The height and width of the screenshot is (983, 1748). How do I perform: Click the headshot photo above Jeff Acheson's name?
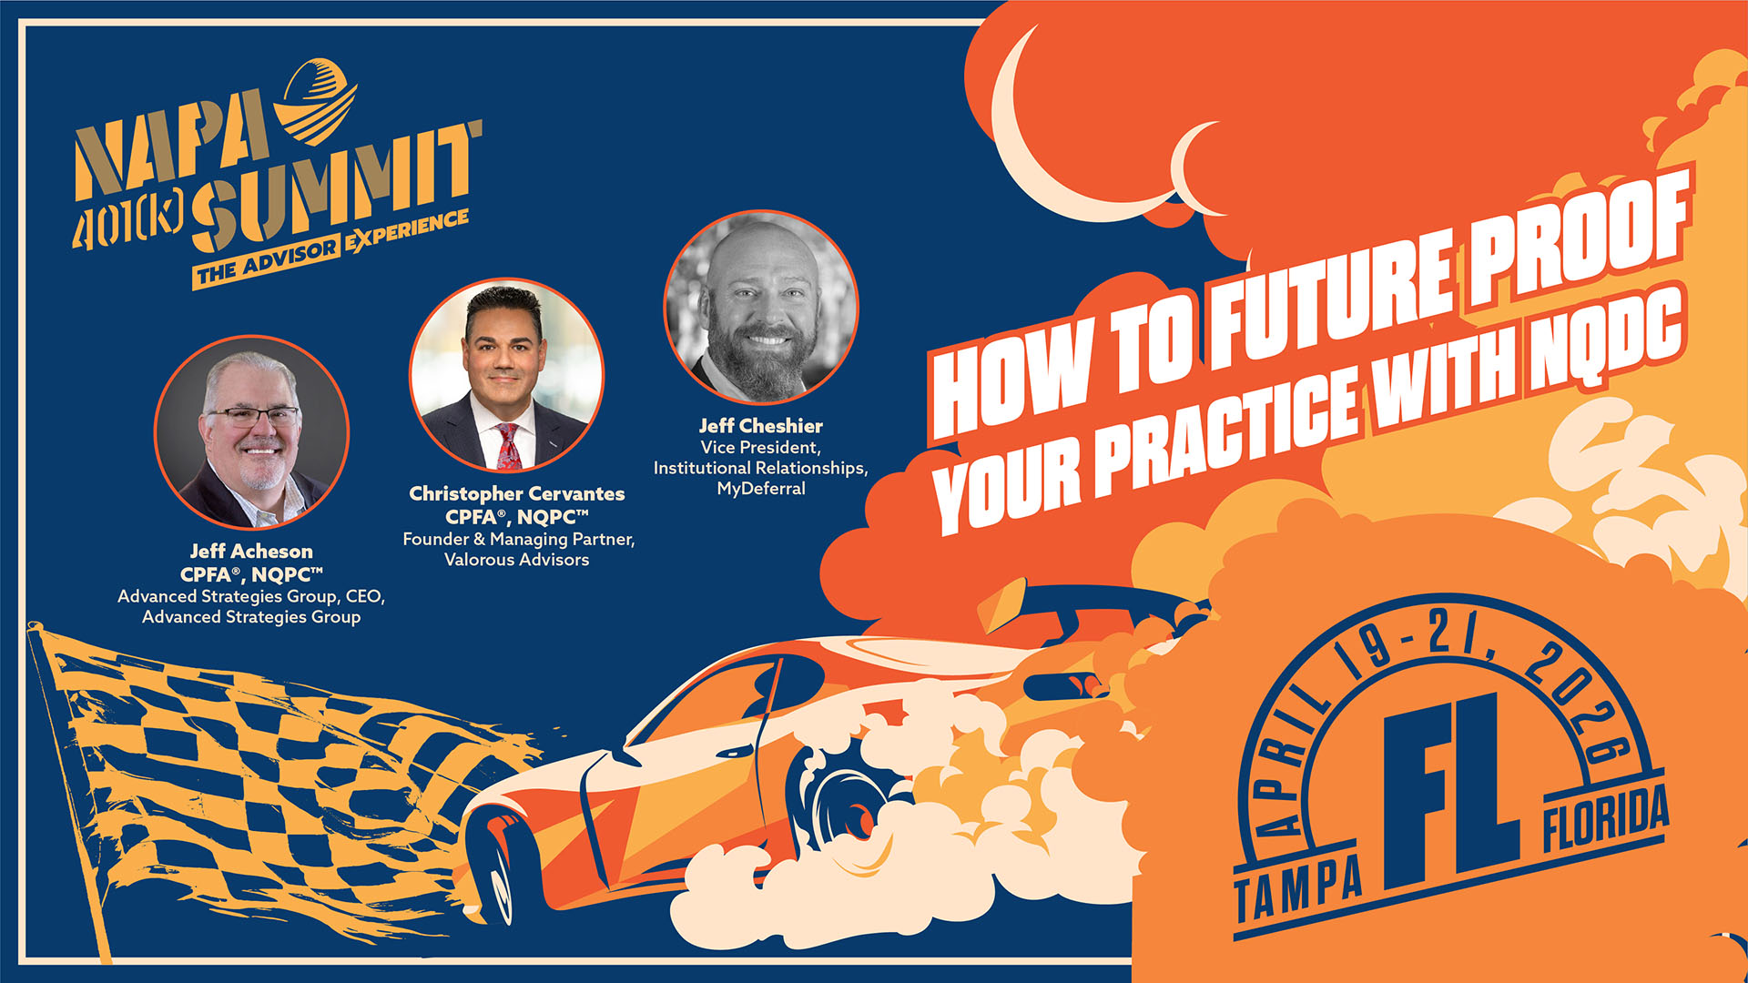point(251,432)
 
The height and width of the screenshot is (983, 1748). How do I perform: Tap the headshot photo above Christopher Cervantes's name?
point(506,375)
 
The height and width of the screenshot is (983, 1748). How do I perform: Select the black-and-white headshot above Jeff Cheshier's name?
point(761,308)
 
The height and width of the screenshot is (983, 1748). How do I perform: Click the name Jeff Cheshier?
point(761,426)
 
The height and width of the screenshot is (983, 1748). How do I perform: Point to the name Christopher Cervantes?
point(517,494)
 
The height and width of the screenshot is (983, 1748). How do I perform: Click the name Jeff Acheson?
point(251,552)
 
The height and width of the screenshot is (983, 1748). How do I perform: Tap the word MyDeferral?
point(761,489)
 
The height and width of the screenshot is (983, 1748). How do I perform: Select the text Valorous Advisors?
point(517,560)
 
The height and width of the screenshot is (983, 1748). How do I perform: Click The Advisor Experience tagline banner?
point(331,248)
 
